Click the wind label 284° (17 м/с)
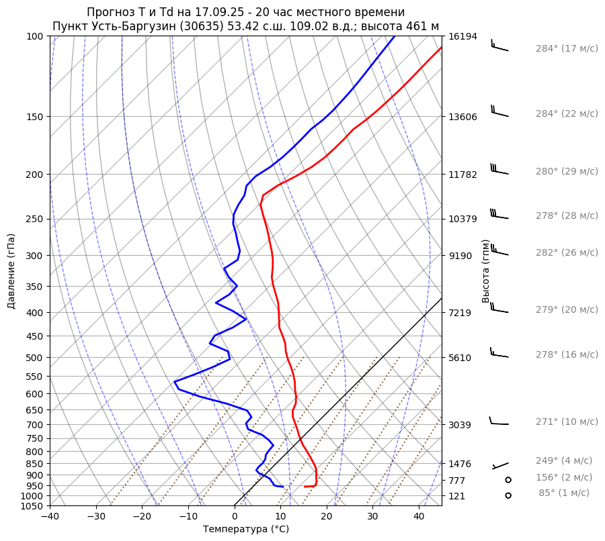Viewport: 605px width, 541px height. click(567, 49)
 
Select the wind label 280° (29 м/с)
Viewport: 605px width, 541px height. click(567, 172)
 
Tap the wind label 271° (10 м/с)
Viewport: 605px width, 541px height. click(567, 422)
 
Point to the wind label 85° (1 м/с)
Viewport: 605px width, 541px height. click(564, 493)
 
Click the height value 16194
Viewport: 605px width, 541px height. click(462, 36)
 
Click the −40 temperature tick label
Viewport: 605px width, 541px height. click(50, 517)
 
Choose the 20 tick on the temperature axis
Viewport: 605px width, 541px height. click(327, 517)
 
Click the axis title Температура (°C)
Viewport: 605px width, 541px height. click(246, 530)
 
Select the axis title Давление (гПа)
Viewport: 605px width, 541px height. click(11, 271)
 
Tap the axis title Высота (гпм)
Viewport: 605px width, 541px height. click(486, 271)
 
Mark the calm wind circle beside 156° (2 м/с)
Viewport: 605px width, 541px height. click(508, 480)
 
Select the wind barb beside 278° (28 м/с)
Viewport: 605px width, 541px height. click(499, 215)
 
